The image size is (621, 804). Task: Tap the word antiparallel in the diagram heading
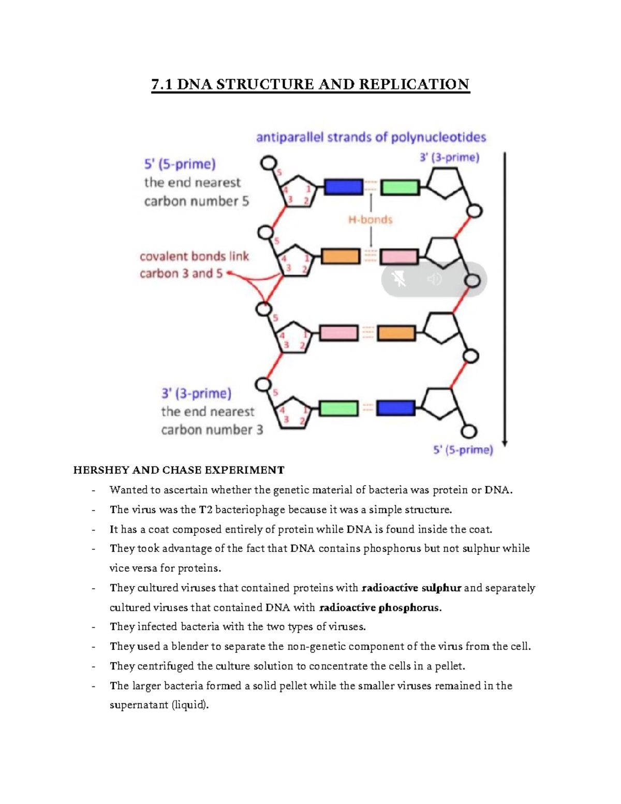(x=289, y=137)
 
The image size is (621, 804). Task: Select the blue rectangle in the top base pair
(x=343, y=186)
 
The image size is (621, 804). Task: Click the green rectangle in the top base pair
(x=400, y=187)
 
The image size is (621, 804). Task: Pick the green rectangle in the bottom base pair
(x=338, y=408)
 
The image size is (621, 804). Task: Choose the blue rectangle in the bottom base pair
(x=396, y=408)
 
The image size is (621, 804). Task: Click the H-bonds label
(x=370, y=220)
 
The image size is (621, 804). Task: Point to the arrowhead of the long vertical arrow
(x=505, y=443)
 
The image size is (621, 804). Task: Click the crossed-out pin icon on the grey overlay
(x=399, y=280)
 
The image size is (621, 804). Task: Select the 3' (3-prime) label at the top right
(x=449, y=157)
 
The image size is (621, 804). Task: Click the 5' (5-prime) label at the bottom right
(x=463, y=450)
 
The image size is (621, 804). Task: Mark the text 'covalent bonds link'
(x=194, y=256)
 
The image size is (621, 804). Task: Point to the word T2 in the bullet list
(x=205, y=509)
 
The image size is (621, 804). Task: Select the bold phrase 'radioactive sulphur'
(x=411, y=588)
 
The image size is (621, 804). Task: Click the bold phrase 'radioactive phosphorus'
(x=380, y=607)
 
